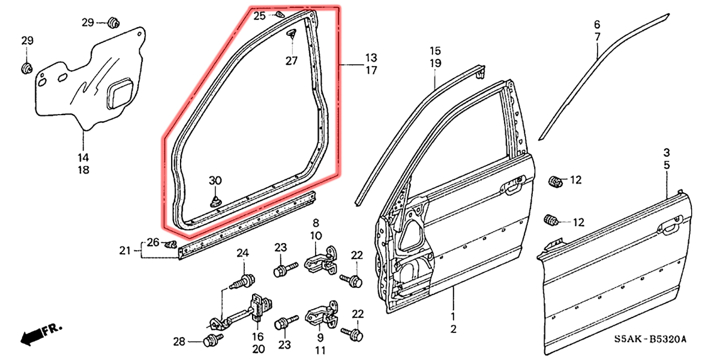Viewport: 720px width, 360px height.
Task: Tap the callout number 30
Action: [x=215, y=181]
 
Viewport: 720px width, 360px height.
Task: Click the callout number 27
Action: [x=291, y=61]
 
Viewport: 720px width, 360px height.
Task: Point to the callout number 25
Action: [x=259, y=16]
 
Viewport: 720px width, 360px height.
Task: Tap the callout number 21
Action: [x=124, y=250]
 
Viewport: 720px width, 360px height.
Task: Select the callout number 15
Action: [x=435, y=50]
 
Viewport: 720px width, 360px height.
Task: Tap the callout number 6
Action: [x=597, y=25]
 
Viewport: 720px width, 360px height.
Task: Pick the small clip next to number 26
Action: [x=170, y=244]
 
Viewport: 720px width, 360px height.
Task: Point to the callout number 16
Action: [x=258, y=336]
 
